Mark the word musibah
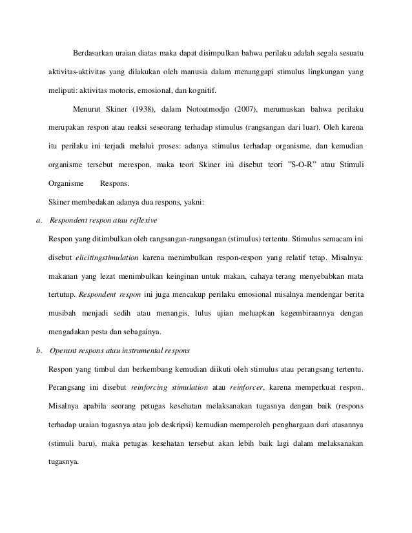point(61,313)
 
